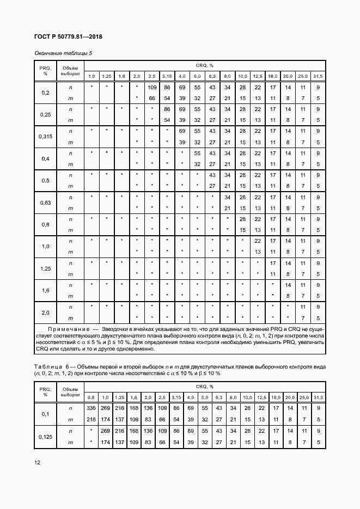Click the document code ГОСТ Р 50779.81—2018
[62, 37]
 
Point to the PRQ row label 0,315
[45, 136]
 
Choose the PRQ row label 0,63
[45, 203]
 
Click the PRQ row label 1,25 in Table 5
[45, 268]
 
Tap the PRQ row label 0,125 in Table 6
[45, 437]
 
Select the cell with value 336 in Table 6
[91, 407]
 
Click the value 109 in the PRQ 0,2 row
[152, 87]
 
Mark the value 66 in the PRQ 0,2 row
[152, 98]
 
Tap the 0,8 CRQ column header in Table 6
[91, 397]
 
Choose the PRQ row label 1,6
[45, 291]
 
